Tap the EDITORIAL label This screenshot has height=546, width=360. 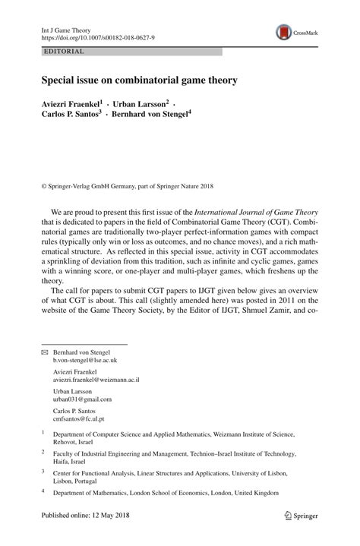(65, 52)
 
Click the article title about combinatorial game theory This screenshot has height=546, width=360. (139, 80)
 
